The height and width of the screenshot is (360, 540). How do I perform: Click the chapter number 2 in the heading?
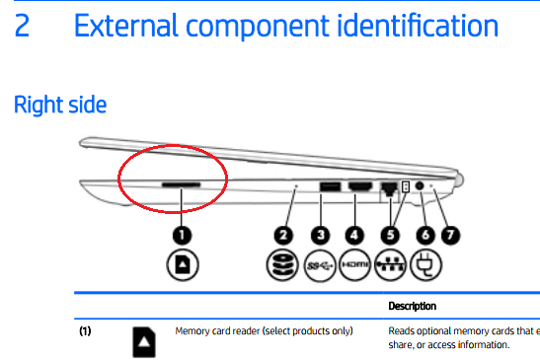point(22,26)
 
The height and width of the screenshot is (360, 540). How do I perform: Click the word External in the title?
point(126,26)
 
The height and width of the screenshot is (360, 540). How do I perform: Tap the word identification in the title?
point(418,26)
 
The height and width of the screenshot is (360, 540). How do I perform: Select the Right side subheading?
point(60,105)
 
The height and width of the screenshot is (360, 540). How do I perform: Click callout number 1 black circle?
point(182,235)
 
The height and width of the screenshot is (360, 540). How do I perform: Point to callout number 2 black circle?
point(283,235)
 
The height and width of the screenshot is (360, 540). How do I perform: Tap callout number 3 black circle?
point(320,235)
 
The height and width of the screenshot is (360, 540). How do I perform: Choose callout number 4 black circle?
point(354,235)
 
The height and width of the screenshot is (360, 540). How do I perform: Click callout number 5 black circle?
point(390,235)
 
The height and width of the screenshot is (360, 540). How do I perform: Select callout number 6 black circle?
point(425,235)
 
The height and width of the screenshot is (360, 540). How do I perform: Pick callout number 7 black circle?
point(450,235)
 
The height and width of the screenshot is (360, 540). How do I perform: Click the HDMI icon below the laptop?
point(355,265)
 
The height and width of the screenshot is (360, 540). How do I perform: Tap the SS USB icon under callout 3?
point(320,265)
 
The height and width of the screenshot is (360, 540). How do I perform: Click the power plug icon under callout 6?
point(426,265)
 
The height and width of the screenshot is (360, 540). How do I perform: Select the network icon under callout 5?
point(391,265)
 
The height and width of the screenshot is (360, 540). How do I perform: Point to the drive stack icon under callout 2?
point(282,265)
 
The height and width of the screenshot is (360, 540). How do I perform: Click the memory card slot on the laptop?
point(181,185)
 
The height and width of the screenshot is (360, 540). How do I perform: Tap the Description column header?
point(413,306)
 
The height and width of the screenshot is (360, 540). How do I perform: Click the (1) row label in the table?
point(85,331)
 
